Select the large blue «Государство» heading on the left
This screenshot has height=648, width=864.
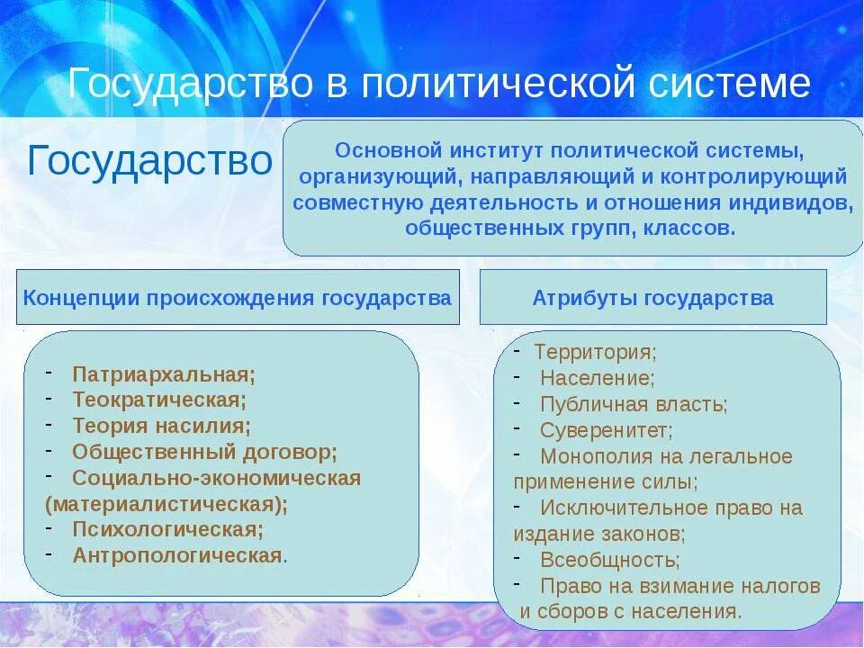149,161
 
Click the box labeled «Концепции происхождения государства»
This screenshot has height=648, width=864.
238,298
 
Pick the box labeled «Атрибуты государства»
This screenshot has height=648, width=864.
652,298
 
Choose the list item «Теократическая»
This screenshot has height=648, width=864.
159,399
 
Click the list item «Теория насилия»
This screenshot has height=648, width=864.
161,425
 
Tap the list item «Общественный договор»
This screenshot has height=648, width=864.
204,451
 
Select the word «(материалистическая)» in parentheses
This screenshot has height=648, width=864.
166,503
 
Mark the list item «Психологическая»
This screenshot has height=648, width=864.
168,529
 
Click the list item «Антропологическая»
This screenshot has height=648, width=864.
177,555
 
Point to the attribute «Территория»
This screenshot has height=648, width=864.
595,353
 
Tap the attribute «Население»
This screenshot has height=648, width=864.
597,379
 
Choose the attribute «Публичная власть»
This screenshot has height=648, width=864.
634,405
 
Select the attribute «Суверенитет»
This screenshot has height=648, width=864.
606,431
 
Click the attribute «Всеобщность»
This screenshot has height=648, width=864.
609,560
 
